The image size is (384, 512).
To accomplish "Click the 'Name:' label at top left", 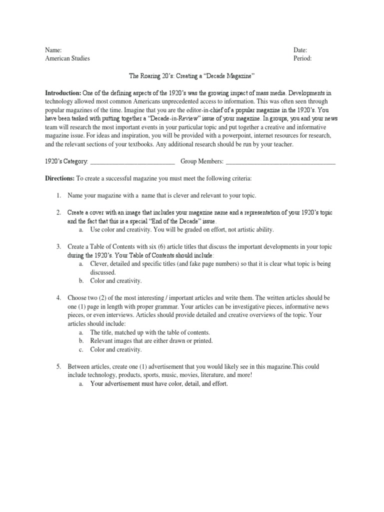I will click(53, 50).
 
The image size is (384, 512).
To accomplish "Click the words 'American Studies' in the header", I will click(67, 58).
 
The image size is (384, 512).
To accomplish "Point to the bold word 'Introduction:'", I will click(63, 93).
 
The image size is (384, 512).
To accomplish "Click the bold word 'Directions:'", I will click(60, 178).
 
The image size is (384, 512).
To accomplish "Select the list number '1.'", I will click(58, 195).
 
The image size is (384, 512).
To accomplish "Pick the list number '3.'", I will click(58, 247).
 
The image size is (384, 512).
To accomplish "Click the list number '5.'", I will click(58, 367).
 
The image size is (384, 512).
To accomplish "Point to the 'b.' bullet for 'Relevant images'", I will click(81, 341).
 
